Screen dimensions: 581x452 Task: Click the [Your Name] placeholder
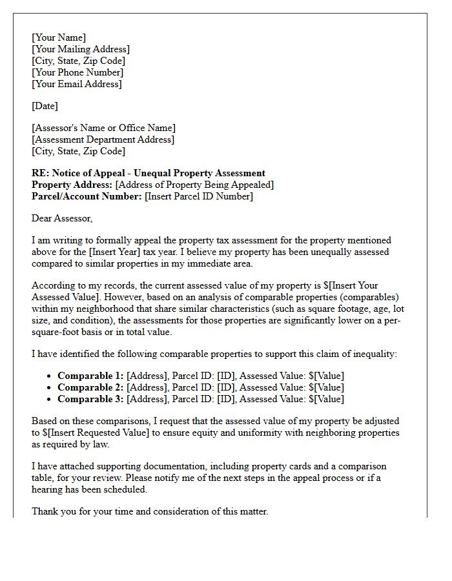pyautogui.click(x=59, y=37)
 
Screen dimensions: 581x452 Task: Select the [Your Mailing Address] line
pyautogui.click(x=80, y=49)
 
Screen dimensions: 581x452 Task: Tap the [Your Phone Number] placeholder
pyautogui.click(x=77, y=72)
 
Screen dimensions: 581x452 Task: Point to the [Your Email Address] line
pyautogui.click(x=76, y=84)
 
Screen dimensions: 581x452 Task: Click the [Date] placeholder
pyautogui.click(x=45, y=106)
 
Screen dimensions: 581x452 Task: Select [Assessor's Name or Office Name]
pyautogui.click(x=103, y=128)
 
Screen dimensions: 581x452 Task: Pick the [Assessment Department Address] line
pyautogui.click(x=103, y=139)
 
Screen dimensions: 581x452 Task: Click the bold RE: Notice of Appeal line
pyautogui.click(x=148, y=173)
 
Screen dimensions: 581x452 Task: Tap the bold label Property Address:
pyautogui.click(x=72, y=185)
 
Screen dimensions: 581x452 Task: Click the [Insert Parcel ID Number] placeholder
pyautogui.click(x=199, y=196)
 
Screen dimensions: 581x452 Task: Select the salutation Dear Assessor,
pyautogui.click(x=62, y=218)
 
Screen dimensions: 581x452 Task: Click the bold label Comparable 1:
pyautogui.click(x=90, y=376)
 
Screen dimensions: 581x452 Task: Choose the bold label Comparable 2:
pyautogui.click(x=90, y=387)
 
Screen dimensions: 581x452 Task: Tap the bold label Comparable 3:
pyautogui.click(x=90, y=399)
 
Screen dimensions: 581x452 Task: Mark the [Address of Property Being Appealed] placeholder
pyautogui.click(x=194, y=185)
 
